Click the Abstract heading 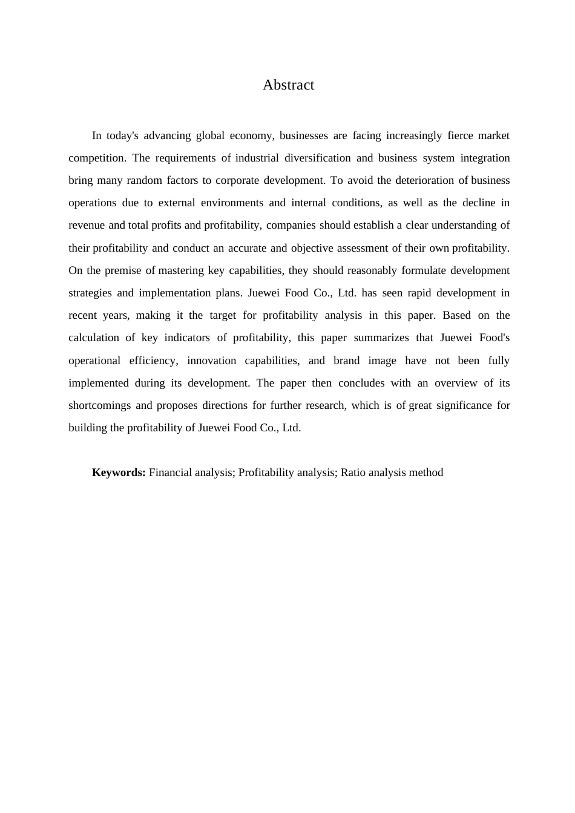pyautogui.click(x=288, y=85)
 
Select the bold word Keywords pyautogui.click(x=119, y=472)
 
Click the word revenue pyautogui.click(x=87, y=225)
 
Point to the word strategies pyautogui.click(x=90, y=293)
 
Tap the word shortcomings pyautogui.click(x=99, y=405)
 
